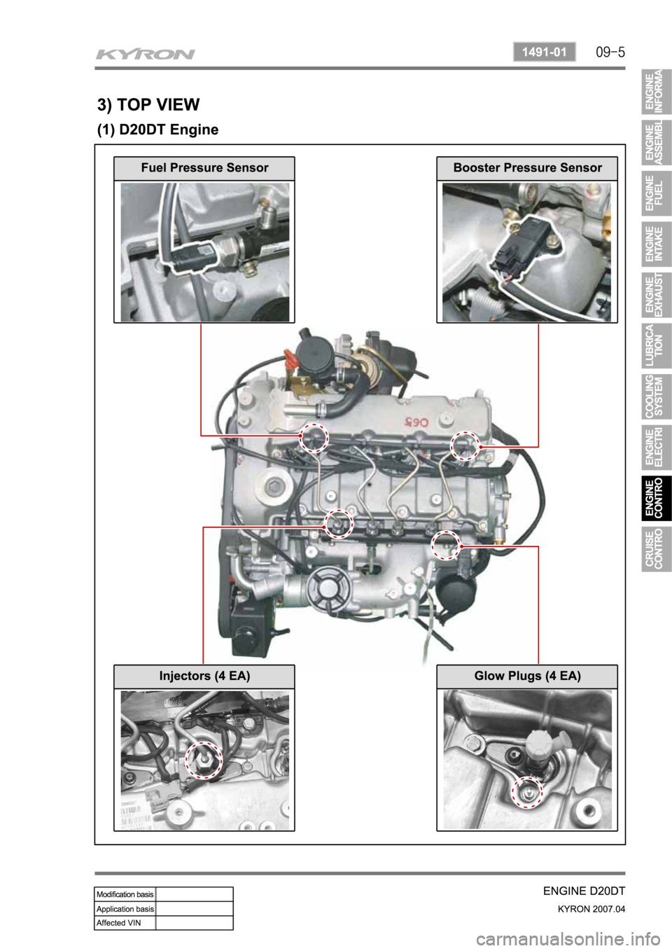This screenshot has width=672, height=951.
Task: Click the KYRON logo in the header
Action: [x=145, y=55]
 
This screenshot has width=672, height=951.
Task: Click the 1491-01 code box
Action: [x=545, y=53]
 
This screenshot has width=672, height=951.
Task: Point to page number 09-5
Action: [x=610, y=53]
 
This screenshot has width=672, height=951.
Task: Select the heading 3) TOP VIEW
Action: [x=148, y=104]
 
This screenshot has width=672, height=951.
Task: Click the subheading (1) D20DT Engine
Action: [x=157, y=130]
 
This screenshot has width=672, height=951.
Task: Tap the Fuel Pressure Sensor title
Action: [x=204, y=167]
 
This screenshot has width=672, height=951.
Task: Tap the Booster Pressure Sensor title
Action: [x=527, y=167]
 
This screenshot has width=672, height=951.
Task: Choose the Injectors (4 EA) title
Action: [x=204, y=676]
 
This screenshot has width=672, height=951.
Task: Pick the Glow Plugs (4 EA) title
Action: [x=527, y=676]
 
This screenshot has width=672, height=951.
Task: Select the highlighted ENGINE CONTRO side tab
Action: [x=657, y=498]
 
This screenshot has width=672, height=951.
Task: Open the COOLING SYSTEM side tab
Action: [x=657, y=396]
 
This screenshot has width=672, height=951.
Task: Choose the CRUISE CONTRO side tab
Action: [x=657, y=548]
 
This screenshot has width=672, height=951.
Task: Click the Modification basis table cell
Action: [x=125, y=894]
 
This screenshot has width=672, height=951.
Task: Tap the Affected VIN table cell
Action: [x=125, y=922]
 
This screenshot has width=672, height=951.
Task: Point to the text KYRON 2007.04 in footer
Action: [x=591, y=908]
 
